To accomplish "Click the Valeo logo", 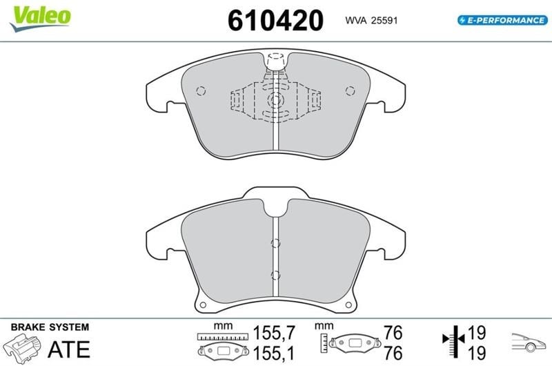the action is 40,19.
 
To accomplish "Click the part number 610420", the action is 275,21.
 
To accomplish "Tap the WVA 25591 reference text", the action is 371,21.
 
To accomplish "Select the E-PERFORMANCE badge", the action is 502,20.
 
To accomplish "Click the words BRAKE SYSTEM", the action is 50,327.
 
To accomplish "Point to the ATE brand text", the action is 69,349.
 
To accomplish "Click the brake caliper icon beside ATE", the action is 22,348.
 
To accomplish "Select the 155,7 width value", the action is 274,333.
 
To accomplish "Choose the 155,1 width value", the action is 274,353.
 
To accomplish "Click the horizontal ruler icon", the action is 222,337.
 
